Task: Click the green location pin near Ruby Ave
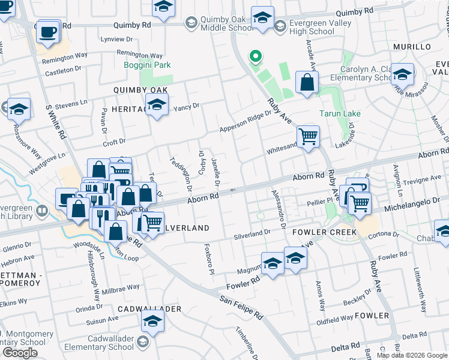point(255,58)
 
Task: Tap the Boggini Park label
point(147,65)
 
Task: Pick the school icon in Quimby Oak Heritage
point(157,106)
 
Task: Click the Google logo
point(20,353)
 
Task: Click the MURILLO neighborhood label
point(412,47)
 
